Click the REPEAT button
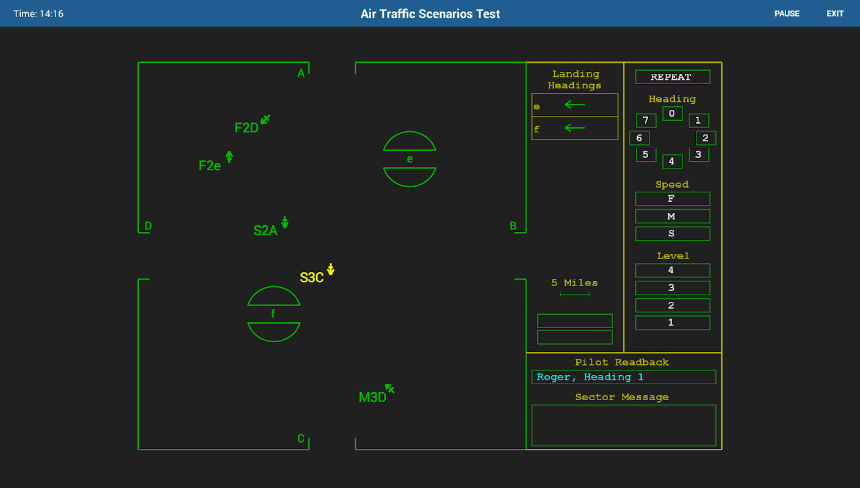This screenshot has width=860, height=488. click(x=672, y=77)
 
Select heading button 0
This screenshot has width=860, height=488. click(x=672, y=113)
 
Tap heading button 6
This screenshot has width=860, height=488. click(x=639, y=138)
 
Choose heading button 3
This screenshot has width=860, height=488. click(x=699, y=155)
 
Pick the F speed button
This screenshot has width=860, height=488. click(x=672, y=199)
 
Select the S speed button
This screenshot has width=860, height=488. click(x=672, y=234)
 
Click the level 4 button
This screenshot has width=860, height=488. click(x=672, y=270)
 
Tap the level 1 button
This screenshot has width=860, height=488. click(x=672, y=323)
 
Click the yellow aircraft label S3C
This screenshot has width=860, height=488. click(x=312, y=278)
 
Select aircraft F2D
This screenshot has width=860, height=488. click(x=247, y=128)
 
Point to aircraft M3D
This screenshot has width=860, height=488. click(x=373, y=398)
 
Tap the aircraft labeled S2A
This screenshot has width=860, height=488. click(x=266, y=231)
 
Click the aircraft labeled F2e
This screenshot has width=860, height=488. click(x=210, y=166)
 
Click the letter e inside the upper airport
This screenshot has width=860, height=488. click(x=410, y=159)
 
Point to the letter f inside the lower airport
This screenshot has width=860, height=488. click(x=273, y=314)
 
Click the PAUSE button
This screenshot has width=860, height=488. click(x=787, y=13)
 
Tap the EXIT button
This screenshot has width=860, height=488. click(x=835, y=13)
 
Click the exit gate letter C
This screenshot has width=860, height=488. click(x=301, y=439)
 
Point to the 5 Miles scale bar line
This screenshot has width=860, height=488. click(x=575, y=295)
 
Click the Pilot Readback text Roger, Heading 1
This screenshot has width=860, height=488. click(x=590, y=377)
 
